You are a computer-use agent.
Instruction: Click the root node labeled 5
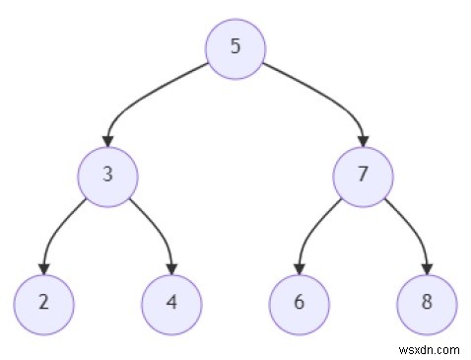coord(235,47)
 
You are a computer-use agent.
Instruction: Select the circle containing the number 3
coord(107,176)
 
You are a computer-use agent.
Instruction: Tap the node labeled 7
coord(363,176)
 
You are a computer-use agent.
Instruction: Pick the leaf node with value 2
coord(43,303)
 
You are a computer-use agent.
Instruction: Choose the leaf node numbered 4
coord(171,303)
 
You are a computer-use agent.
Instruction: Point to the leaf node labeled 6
coord(300,303)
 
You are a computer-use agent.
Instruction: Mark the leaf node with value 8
coord(427,303)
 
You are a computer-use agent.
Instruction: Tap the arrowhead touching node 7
coord(363,140)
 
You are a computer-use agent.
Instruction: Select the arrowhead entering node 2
coord(43,267)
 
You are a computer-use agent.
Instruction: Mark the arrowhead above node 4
coord(171,267)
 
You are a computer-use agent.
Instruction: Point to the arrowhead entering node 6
coord(300,267)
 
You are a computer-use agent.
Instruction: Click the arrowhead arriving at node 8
coord(427,267)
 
